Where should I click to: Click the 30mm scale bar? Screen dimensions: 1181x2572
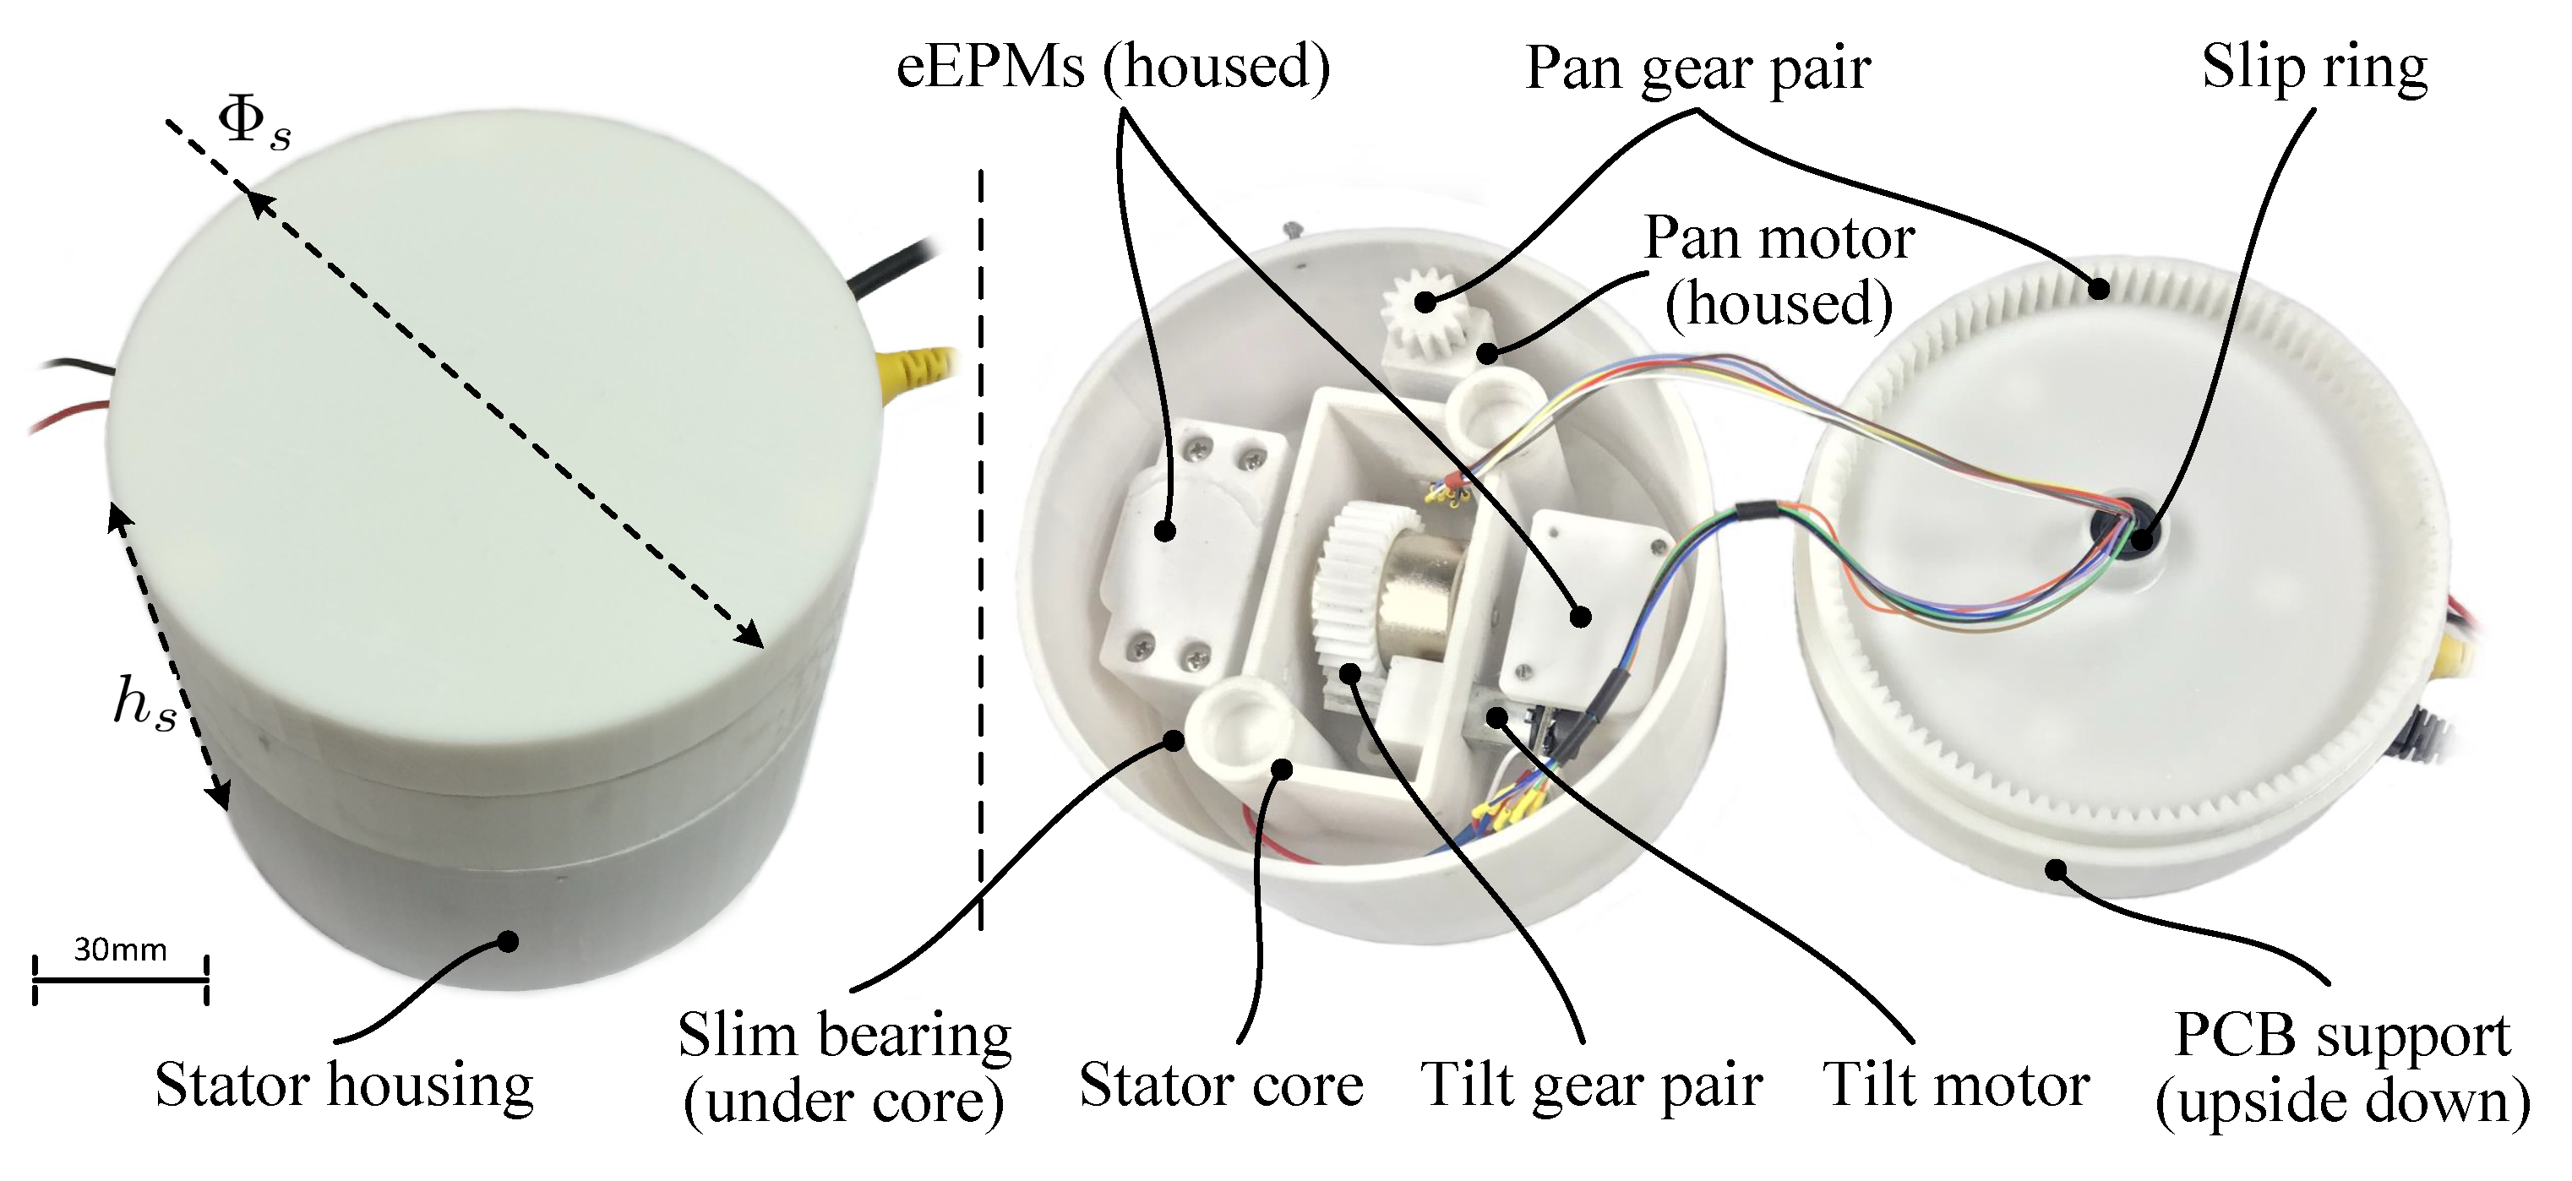pyautogui.click(x=120, y=979)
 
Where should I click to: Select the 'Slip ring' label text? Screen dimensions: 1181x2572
pyautogui.click(x=2314, y=68)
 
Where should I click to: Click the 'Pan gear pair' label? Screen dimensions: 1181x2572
pyautogui.click(x=1697, y=70)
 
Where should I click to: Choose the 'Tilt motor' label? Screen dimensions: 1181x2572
pyautogui.click(x=1955, y=1086)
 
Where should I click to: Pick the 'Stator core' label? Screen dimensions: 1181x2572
pyautogui.click(x=1220, y=1086)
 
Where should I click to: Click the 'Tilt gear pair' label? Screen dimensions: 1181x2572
pyautogui.click(x=1590, y=1086)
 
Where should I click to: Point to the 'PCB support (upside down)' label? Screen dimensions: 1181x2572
pyautogui.click(x=2341, y=1068)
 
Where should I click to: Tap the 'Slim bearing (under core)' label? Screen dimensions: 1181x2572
pyautogui.click(x=844, y=1068)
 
